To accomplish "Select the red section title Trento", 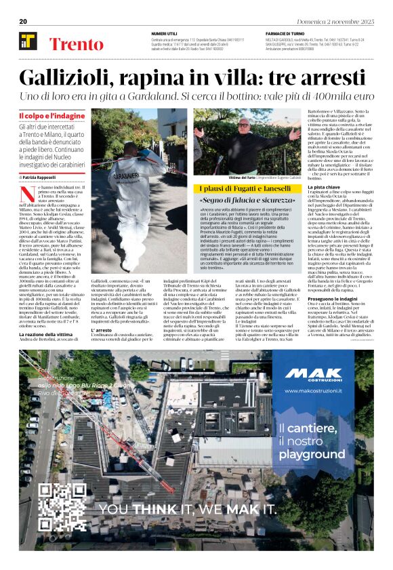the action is tap(76, 45).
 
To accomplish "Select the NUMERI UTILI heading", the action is tap(165, 33).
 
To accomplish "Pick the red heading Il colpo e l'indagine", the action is tap(51, 116).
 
